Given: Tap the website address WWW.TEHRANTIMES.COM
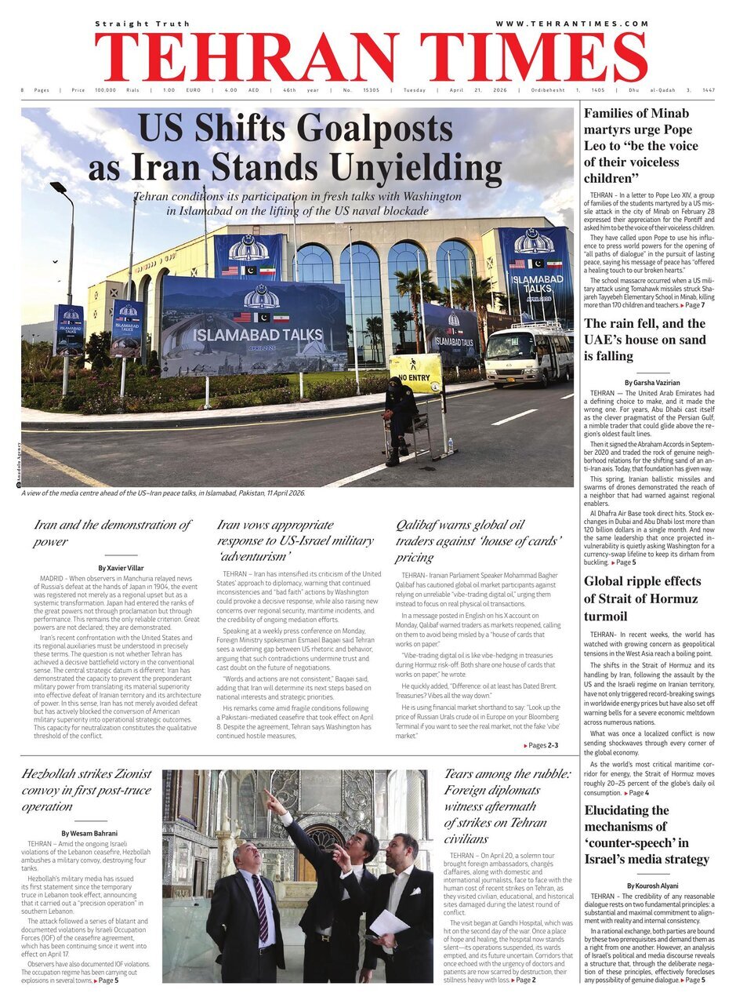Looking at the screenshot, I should [x=571, y=24].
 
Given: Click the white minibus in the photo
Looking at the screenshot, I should [x=528, y=354].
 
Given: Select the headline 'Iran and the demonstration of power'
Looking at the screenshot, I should [x=112, y=533].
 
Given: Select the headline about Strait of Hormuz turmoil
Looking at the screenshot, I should [x=643, y=598].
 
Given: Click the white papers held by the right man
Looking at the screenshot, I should [x=389, y=922].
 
